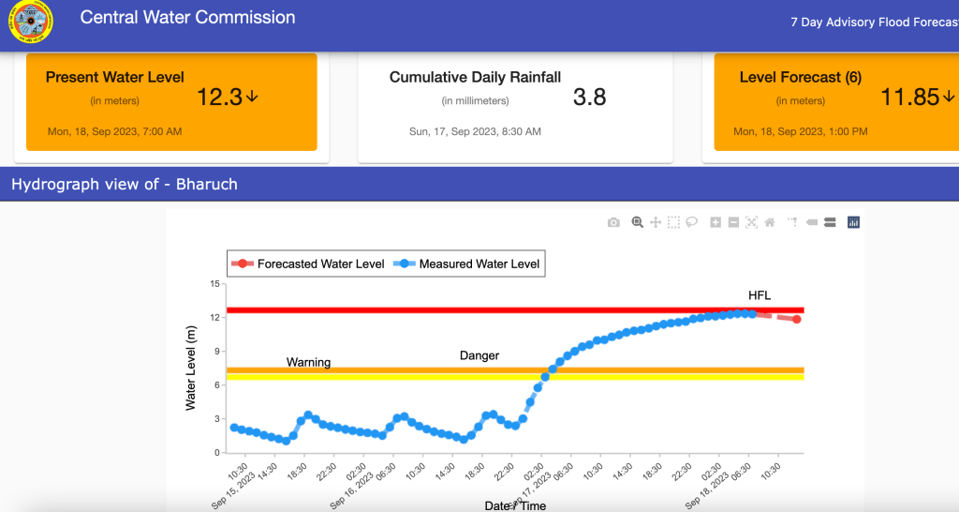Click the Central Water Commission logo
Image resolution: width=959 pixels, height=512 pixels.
[29, 22]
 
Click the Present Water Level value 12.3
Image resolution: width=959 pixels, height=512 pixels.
[220, 97]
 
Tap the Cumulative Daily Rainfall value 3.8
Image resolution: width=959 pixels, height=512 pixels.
[589, 97]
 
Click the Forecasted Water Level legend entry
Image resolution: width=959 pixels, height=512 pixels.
[310, 264]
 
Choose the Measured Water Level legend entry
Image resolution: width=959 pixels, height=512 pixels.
[468, 264]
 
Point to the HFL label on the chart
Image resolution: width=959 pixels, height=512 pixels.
[760, 295]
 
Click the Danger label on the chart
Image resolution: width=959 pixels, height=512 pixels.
[479, 355]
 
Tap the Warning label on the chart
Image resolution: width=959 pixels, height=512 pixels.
[308, 362]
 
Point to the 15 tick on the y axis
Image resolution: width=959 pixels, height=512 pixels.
[214, 284]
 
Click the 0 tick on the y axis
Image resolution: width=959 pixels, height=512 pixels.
[216, 452]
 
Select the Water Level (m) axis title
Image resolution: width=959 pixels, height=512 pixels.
[191, 368]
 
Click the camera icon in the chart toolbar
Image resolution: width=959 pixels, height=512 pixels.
[613, 222]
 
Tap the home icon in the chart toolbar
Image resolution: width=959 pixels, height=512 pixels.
[770, 222]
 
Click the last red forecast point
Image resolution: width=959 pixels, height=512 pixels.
[796, 320]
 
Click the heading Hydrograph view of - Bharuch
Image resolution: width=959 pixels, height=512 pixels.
[125, 184]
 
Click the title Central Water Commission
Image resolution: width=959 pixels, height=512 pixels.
[187, 18]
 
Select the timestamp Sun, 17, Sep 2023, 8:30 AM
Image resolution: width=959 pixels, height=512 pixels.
[475, 132]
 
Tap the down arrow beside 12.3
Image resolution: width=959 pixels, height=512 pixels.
[252, 97]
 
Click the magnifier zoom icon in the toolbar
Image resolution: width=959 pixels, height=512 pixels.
[637, 222]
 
